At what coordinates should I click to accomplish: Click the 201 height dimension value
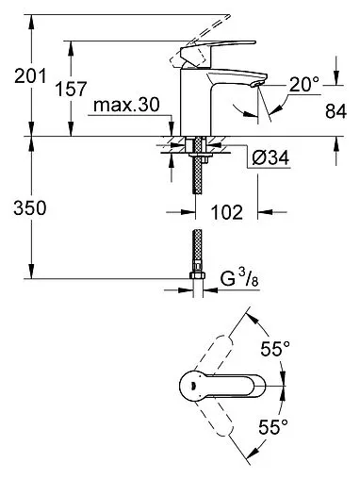tap(30, 76)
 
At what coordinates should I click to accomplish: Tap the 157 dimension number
tap(71, 89)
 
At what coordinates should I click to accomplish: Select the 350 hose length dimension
tap(30, 208)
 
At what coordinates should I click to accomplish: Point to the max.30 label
tap(126, 105)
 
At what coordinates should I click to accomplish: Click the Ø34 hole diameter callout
tap(270, 157)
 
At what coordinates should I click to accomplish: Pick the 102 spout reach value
tap(227, 212)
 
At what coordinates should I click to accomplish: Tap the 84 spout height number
tap(335, 111)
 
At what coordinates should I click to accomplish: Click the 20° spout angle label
tap(304, 84)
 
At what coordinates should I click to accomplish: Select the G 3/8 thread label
tap(239, 278)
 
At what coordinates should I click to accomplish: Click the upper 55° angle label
tap(275, 349)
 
